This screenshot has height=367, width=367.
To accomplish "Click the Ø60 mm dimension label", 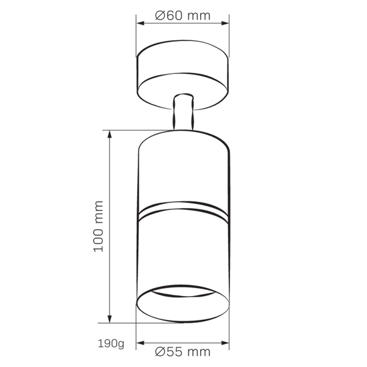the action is click(183, 16).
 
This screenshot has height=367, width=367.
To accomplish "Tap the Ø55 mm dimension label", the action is click(183, 352).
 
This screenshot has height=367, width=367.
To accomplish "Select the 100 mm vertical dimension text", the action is click(98, 226).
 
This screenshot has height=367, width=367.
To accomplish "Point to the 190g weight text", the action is click(111, 343).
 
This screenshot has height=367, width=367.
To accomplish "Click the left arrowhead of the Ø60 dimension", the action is click(140, 23).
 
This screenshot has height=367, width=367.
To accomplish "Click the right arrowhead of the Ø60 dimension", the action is click(225, 23).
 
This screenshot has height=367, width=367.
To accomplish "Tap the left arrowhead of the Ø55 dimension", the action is click(140, 343).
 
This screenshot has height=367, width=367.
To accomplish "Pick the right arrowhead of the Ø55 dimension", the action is click(225, 343).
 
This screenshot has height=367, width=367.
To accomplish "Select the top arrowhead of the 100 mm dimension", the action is click(109, 135).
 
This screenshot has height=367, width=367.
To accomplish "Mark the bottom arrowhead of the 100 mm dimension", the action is click(109, 319).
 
